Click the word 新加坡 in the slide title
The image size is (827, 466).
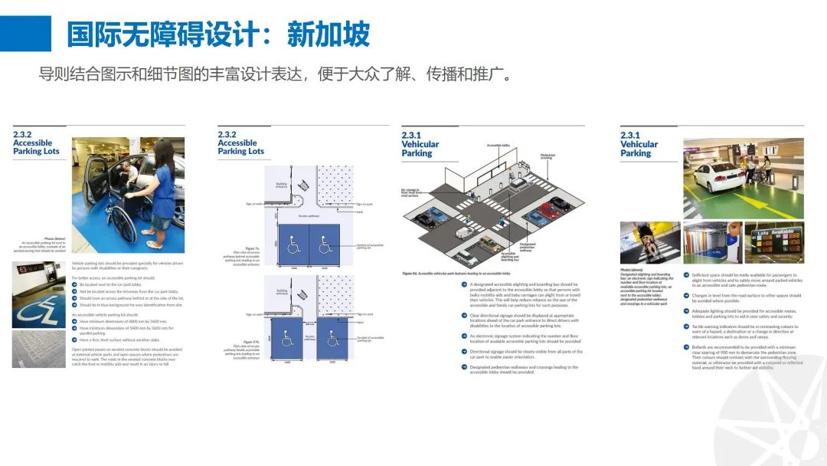pyautogui.click(x=329, y=34)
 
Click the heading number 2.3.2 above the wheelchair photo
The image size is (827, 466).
pyautogui.click(x=24, y=134)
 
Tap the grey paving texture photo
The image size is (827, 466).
pyautogui.click(x=41, y=349)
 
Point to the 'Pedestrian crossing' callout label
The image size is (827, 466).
pyautogui.click(x=548, y=156)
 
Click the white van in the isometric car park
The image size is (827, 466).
pyautogui.click(x=464, y=233)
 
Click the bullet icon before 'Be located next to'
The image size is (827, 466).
pyautogui.click(x=75, y=284)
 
